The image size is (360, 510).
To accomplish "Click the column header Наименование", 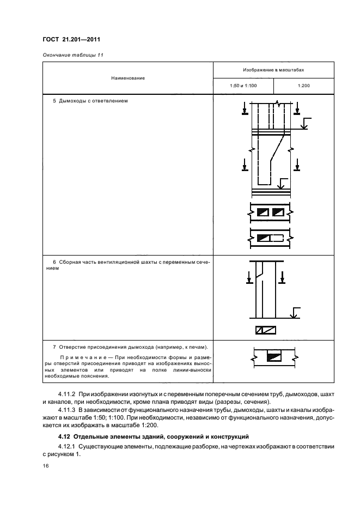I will click(128, 78).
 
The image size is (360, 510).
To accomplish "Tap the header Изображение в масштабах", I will click(273, 70).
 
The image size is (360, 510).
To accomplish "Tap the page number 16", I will click(45, 466).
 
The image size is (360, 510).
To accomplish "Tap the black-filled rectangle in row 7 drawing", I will click(273, 357).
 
